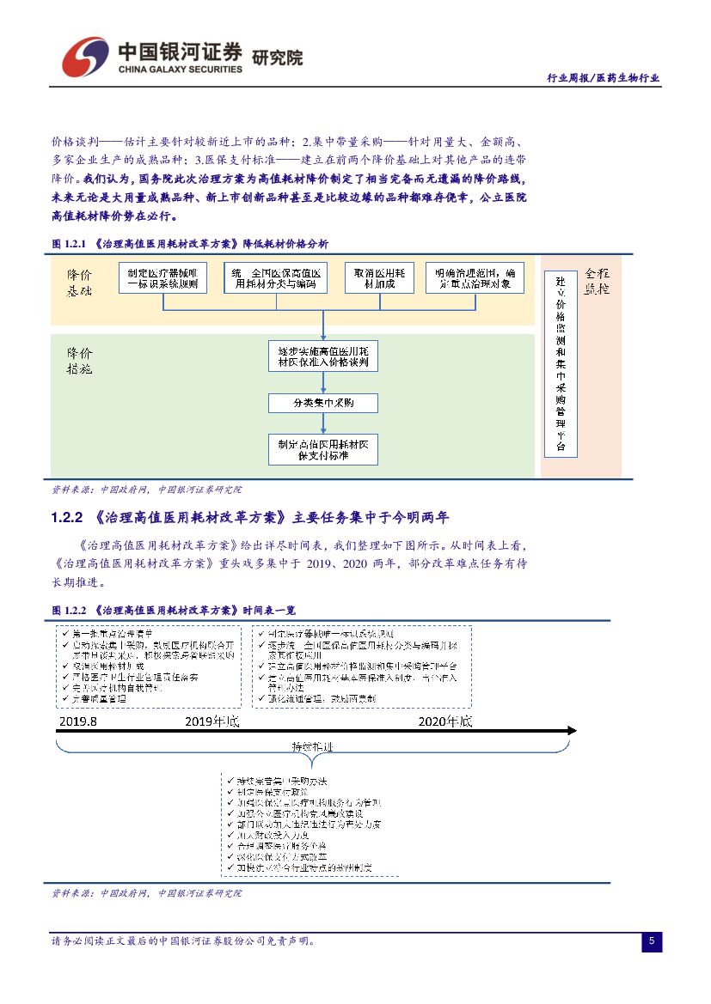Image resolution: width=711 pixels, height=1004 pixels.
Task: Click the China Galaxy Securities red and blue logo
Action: pyautogui.click(x=84, y=56)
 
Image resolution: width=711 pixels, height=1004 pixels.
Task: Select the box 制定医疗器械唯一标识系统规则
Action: pyautogui.click(x=162, y=278)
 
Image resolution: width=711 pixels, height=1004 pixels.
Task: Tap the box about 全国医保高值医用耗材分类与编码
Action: pyautogui.click(x=272, y=278)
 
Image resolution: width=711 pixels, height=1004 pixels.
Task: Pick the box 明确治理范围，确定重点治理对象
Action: pyautogui.click(x=474, y=278)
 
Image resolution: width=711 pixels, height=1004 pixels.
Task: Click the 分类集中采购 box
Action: pyautogui.click(x=322, y=402)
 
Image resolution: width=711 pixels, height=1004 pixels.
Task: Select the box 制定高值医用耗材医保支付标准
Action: pyautogui.click(x=322, y=449)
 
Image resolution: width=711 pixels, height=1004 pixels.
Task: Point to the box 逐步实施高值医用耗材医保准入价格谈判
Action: pyautogui.click(x=322, y=357)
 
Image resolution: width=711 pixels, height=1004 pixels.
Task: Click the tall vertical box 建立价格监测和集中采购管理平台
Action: pyautogui.click(x=561, y=363)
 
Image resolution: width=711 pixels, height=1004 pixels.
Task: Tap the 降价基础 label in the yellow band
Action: pyautogui.click(x=81, y=281)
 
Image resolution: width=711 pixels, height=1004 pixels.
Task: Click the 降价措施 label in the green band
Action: pyautogui.click(x=81, y=361)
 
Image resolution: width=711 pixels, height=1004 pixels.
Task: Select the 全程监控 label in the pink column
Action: pyautogui.click(x=597, y=281)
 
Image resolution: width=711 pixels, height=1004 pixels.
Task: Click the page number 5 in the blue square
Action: pyautogui.click(x=652, y=941)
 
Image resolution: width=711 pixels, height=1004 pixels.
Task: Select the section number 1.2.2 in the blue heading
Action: pyautogui.click(x=67, y=518)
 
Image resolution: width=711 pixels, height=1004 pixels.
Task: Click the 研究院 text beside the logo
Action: pyautogui.click(x=277, y=58)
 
